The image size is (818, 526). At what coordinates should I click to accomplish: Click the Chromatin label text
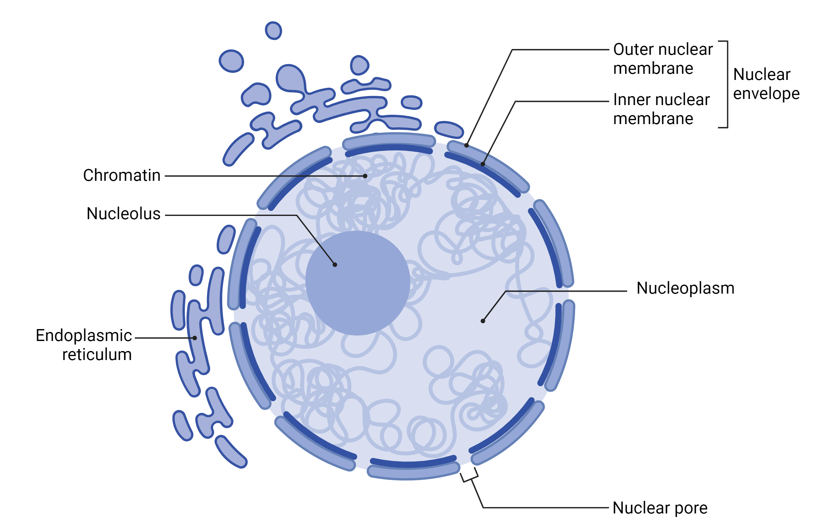click(x=122, y=176)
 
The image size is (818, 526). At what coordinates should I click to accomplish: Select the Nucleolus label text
click(x=123, y=214)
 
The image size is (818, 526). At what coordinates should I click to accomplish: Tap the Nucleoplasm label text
click(x=685, y=288)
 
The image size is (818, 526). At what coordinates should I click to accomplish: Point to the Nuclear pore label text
click(x=660, y=508)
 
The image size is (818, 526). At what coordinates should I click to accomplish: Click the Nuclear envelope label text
click(x=766, y=84)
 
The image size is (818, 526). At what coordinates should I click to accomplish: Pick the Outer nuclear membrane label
click(x=663, y=59)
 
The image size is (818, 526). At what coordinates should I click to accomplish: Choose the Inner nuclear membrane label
click(x=661, y=109)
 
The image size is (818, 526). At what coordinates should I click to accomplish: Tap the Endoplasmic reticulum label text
click(x=84, y=345)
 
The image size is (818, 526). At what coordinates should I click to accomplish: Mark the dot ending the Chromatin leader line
click(x=365, y=176)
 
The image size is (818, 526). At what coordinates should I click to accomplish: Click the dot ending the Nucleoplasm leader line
click(x=483, y=321)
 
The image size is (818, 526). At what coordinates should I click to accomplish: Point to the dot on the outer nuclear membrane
click(x=467, y=145)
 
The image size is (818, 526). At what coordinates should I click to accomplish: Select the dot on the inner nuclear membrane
click(x=483, y=164)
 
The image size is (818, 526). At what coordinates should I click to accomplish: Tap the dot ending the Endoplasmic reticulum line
click(x=195, y=338)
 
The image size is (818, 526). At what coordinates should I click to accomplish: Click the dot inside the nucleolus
click(x=335, y=265)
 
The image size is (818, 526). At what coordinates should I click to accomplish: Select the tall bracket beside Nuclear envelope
click(x=727, y=84)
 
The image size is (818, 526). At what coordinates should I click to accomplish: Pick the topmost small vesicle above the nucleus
click(x=273, y=31)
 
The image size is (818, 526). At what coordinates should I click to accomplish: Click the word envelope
click(x=766, y=93)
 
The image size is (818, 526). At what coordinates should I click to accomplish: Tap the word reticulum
click(x=97, y=355)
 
